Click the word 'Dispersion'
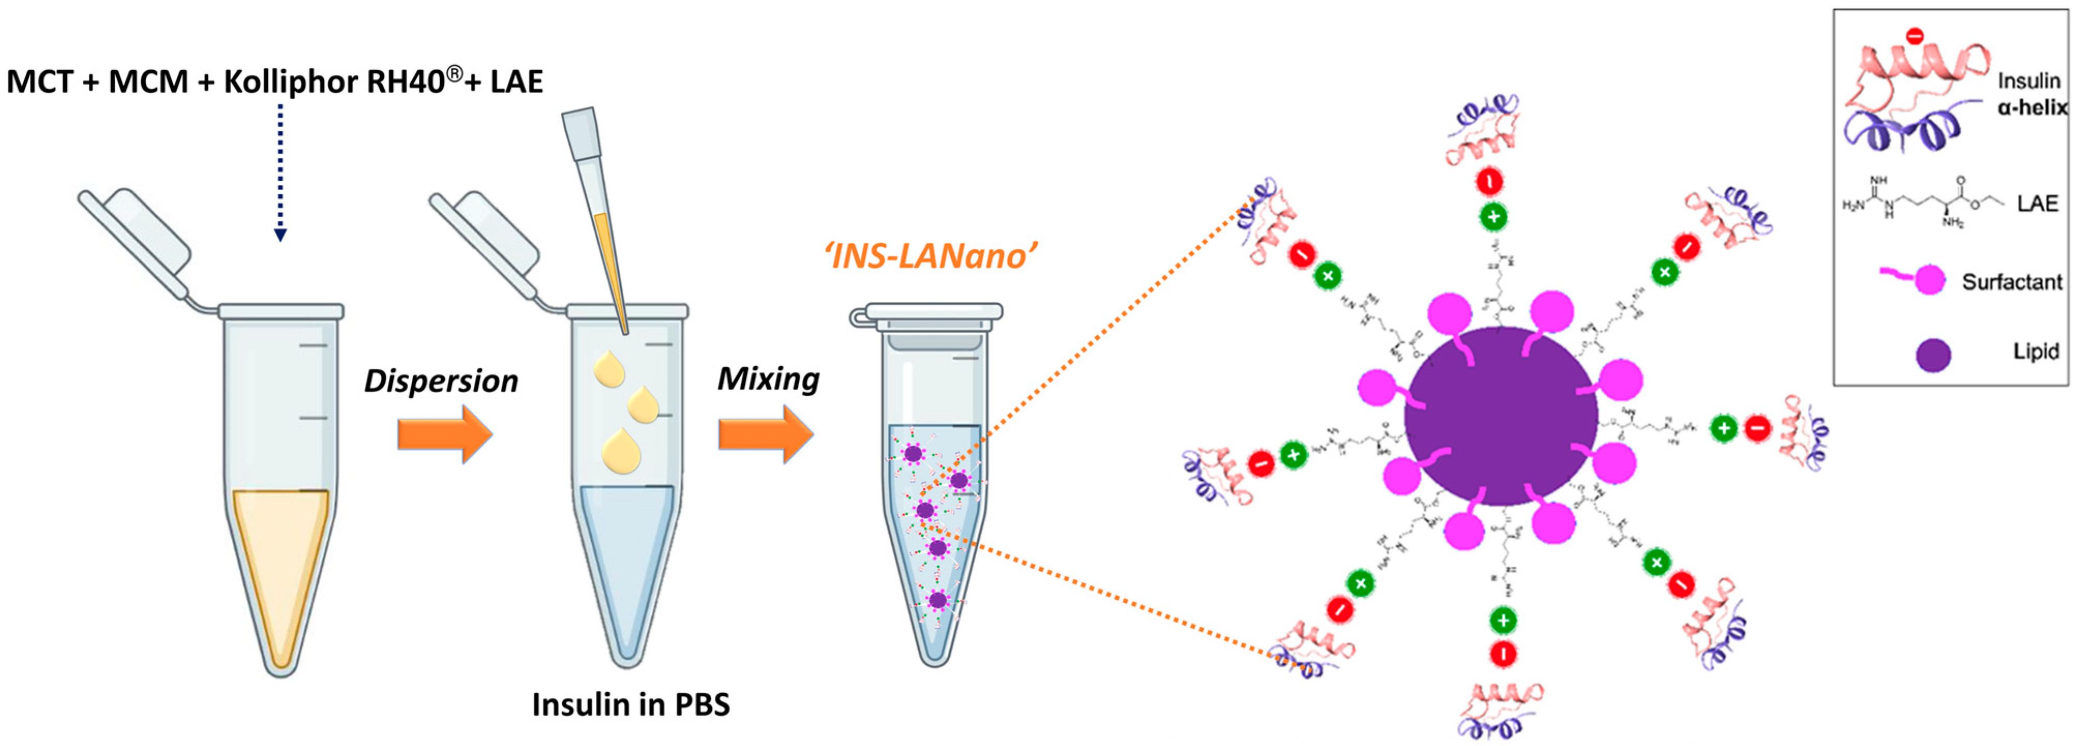(441, 381)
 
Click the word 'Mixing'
(768, 379)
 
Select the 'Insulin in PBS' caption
(631, 704)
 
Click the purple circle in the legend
(1933, 354)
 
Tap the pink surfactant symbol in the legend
(1927, 279)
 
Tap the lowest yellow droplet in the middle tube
(621, 451)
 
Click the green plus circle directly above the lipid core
(1493, 216)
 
